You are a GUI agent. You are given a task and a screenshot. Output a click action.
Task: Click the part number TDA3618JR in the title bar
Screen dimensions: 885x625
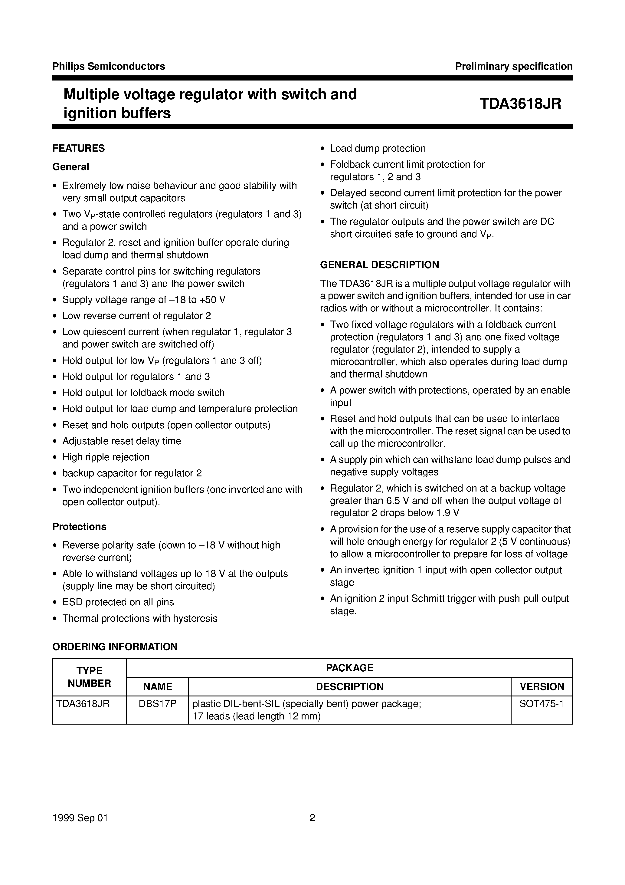(x=520, y=104)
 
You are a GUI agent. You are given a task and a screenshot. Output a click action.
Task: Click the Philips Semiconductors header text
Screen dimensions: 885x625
(x=109, y=66)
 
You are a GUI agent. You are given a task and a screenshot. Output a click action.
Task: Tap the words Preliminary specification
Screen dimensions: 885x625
(x=514, y=66)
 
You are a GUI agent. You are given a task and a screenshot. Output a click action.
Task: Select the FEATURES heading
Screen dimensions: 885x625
(x=79, y=148)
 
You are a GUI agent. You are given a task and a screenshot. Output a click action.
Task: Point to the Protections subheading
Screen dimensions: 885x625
(x=79, y=527)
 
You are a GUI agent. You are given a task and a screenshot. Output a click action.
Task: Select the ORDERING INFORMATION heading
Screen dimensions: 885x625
(x=115, y=647)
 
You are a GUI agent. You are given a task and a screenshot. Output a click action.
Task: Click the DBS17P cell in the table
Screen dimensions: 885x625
(x=157, y=704)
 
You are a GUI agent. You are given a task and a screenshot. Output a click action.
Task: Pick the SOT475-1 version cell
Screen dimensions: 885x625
(x=542, y=704)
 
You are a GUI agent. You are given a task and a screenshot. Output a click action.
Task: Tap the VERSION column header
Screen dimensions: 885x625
(x=542, y=686)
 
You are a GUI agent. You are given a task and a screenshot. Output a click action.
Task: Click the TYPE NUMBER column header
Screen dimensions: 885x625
(x=90, y=677)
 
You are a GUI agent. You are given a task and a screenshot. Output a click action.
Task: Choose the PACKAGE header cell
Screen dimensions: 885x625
(x=349, y=668)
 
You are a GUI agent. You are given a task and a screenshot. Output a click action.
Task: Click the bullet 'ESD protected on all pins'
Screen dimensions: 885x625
(x=118, y=602)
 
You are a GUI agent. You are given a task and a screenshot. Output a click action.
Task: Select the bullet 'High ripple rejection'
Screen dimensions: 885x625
(x=106, y=457)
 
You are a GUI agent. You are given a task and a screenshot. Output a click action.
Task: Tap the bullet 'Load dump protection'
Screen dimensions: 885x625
(x=378, y=148)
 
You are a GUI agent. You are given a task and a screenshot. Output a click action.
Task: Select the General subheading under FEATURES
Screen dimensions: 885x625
(x=70, y=167)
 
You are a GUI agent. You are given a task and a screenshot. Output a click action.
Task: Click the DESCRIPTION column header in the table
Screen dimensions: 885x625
(x=349, y=686)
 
